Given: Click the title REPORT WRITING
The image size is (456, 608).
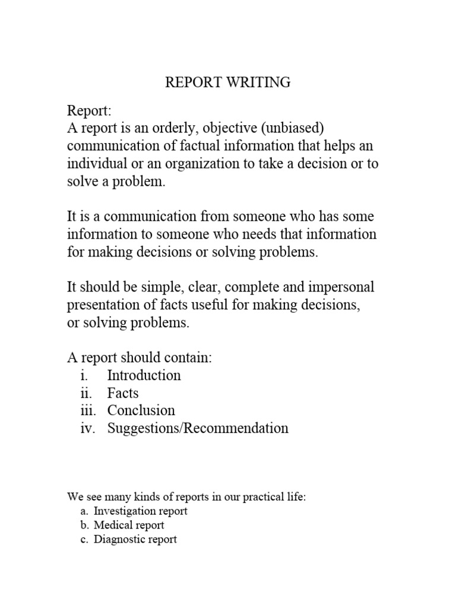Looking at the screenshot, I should click(227, 83).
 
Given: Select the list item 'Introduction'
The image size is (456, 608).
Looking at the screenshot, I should click(144, 375).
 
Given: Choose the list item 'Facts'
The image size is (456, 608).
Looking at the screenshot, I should click(123, 393).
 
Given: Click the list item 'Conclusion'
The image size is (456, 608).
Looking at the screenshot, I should click(141, 410).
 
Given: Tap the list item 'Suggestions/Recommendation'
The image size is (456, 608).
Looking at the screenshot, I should click(198, 428).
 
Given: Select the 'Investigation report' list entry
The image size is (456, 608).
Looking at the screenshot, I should click(141, 511).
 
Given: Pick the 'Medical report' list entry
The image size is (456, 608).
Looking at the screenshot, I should click(129, 525).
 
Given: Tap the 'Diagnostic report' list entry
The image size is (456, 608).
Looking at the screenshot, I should click(135, 540).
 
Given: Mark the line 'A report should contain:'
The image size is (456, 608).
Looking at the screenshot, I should click(139, 358).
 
